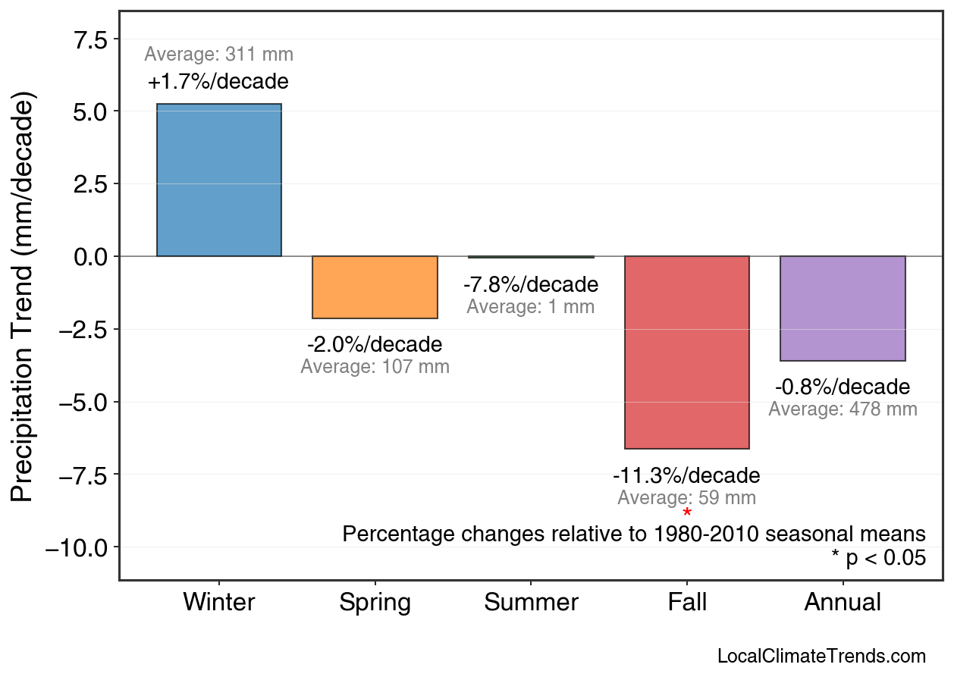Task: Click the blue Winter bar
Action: (218, 180)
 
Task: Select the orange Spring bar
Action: (375, 287)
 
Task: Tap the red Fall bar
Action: (686, 353)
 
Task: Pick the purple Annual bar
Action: (843, 309)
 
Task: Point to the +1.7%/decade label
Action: (218, 81)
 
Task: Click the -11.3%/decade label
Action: (686, 476)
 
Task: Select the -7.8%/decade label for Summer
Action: (531, 285)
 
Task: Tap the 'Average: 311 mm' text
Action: (218, 55)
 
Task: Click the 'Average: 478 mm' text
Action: (843, 409)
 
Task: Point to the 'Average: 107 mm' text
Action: (375, 367)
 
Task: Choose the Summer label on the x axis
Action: (531, 603)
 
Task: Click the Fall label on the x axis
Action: (687, 603)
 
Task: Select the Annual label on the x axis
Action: (843, 603)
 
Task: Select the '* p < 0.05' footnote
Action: (878, 559)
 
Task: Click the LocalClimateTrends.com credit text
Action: (821, 657)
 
